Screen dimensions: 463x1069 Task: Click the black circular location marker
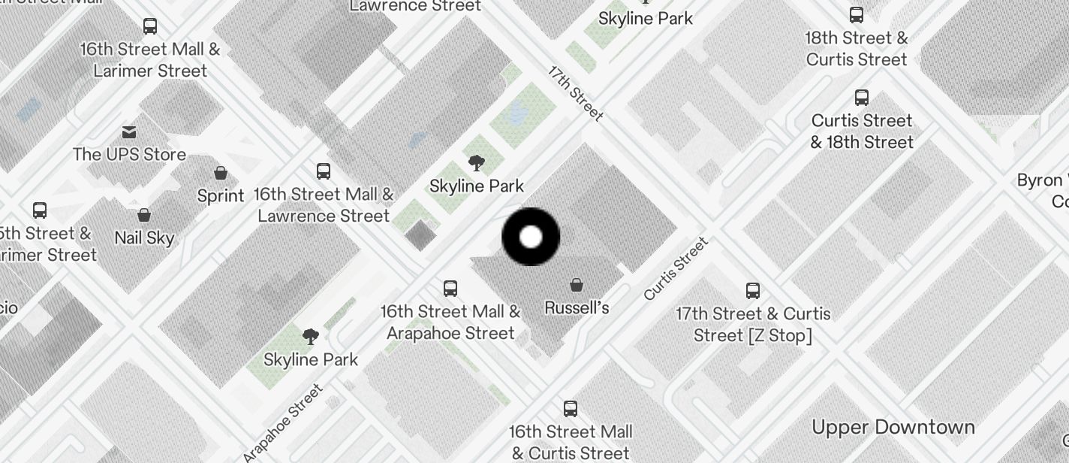[531, 237]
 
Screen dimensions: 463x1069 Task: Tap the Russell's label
[576, 307]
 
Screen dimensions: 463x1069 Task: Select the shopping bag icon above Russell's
[577, 285]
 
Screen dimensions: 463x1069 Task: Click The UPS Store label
[129, 154]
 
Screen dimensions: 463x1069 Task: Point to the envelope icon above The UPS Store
[129, 132]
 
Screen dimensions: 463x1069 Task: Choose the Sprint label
[221, 195]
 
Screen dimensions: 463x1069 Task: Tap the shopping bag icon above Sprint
[221, 174]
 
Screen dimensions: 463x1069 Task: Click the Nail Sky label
[144, 238]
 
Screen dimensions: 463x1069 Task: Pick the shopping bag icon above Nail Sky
[144, 216]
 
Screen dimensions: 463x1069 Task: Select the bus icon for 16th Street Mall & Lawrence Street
[324, 171]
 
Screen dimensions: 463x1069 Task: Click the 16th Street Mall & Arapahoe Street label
[450, 322]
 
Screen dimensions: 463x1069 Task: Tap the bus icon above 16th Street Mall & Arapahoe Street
[450, 288]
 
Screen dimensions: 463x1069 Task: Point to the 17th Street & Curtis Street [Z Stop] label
[753, 324]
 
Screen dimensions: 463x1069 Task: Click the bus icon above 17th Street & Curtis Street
[753, 291]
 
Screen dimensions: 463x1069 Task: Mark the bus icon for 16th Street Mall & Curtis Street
[571, 409]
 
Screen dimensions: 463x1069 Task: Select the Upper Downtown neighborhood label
[893, 427]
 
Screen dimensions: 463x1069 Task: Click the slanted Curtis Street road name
[676, 268]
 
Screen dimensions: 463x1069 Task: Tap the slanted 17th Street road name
[576, 93]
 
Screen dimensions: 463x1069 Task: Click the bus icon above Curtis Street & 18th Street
[862, 98]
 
